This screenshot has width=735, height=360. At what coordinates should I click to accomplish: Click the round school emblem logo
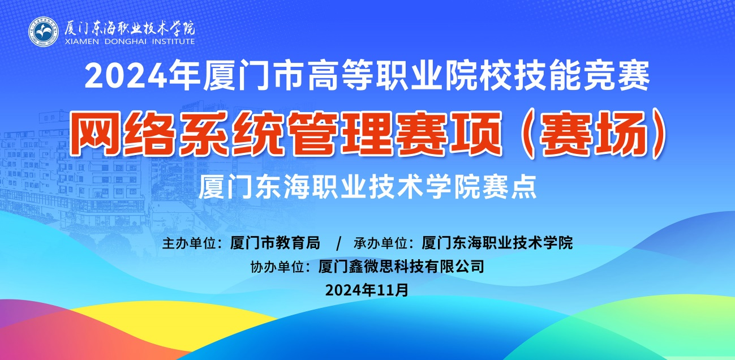(44, 32)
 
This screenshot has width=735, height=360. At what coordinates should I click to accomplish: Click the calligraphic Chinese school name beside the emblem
(130, 28)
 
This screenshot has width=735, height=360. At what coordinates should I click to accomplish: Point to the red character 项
(476, 133)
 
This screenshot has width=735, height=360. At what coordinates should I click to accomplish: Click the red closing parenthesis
(657, 133)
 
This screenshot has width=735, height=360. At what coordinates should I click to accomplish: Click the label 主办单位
(189, 243)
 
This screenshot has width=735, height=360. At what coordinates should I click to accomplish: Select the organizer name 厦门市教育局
(275, 243)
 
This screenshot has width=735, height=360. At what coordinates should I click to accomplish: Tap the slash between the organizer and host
(339, 244)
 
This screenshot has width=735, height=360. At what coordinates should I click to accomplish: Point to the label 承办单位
(381, 243)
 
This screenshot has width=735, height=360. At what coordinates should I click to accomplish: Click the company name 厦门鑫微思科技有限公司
(401, 267)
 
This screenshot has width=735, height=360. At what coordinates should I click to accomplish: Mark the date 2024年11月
(367, 290)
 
